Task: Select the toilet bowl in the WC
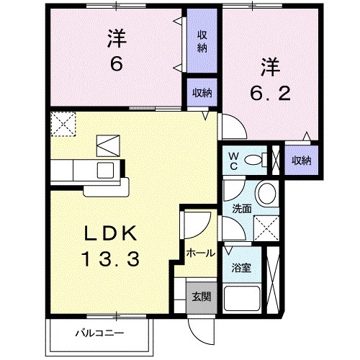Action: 254,160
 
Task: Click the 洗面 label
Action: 240,210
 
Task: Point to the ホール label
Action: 199,253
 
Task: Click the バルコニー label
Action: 101,333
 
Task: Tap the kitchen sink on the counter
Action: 106,171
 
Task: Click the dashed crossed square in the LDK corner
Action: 64,124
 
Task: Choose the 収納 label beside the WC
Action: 302,160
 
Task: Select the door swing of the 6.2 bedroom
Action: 233,128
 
